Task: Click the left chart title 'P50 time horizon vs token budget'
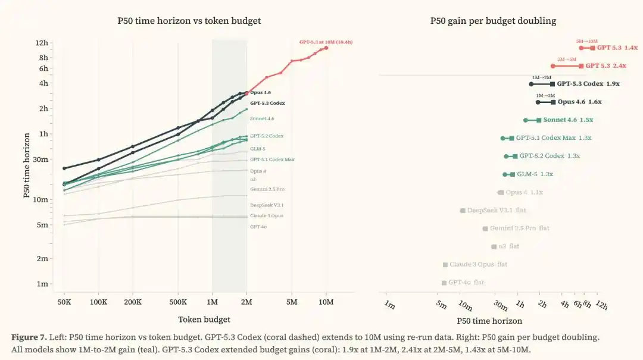(189, 21)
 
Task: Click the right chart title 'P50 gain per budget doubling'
(493, 21)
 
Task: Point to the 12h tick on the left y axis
(42, 43)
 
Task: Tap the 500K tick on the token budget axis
(178, 302)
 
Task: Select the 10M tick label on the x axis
(326, 302)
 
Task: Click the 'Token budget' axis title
(204, 320)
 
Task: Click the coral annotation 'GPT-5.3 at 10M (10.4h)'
(326, 42)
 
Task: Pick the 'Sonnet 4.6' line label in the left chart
(262, 119)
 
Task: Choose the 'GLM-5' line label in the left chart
(258, 148)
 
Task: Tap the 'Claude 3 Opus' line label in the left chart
(267, 215)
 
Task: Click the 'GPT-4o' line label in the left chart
(258, 227)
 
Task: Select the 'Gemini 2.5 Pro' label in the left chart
(267, 189)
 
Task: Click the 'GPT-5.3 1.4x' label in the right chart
(617, 48)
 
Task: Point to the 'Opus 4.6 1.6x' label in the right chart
(579, 102)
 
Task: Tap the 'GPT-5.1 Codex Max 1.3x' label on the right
(553, 138)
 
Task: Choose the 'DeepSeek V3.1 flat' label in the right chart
(496, 211)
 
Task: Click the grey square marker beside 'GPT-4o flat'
(444, 283)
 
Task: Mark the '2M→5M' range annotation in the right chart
(566, 60)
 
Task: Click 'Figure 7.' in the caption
(28, 337)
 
